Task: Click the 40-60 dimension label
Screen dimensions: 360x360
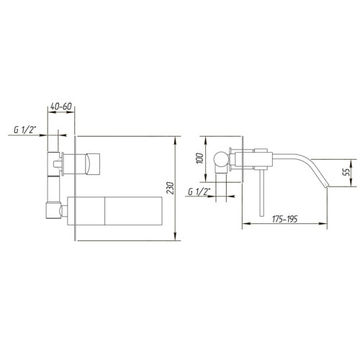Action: (x=59, y=107)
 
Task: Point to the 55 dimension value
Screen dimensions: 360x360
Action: (x=346, y=171)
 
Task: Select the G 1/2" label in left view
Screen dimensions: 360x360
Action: (x=26, y=131)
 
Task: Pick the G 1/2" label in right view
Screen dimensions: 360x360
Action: (x=198, y=192)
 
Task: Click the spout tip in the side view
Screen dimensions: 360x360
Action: (x=329, y=185)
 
